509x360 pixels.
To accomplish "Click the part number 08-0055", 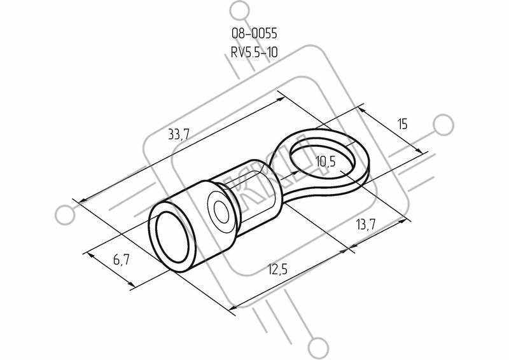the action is click(254, 33).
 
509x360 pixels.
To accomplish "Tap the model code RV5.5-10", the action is click(254, 52).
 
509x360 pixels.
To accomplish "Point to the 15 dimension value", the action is click(402, 124).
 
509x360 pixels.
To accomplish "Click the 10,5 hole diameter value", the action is click(325, 162).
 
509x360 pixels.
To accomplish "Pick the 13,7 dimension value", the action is click(366, 225).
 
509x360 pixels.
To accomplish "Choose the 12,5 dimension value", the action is click(277, 270).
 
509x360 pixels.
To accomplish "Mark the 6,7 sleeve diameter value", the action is click(122, 260).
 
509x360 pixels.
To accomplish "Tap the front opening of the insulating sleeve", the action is click(172, 237).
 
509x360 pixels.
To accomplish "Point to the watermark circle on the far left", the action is click(65, 216).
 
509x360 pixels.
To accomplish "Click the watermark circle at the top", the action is click(240, 11).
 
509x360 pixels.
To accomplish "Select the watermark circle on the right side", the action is click(443, 125).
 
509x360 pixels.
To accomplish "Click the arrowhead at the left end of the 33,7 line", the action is click(83, 201).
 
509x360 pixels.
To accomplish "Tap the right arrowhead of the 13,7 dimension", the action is click(403, 221).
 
